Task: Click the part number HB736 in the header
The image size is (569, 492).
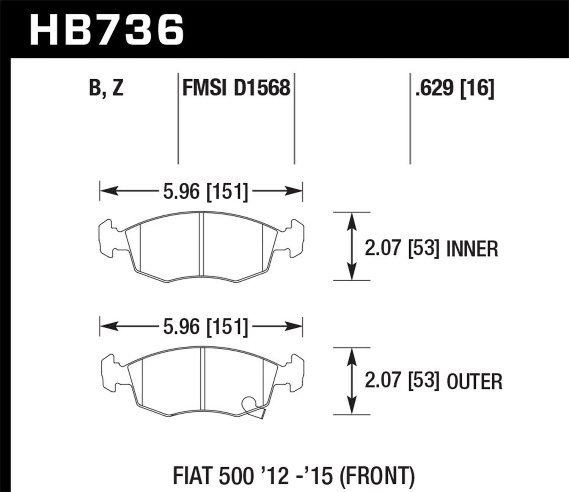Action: tap(107, 30)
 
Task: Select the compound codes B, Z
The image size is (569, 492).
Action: tap(106, 88)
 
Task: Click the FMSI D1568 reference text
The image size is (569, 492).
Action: tap(236, 88)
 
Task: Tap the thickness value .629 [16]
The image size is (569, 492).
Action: tap(455, 88)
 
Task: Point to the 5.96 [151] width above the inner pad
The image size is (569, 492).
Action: tap(205, 191)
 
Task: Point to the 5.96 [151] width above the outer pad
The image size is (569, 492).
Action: tap(205, 326)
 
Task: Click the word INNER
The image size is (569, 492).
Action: tap(472, 249)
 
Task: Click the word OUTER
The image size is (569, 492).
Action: tap(474, 382)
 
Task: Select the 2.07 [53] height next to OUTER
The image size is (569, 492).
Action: tap(402, 381)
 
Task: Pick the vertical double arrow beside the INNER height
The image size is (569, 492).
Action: tap(352, 246)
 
